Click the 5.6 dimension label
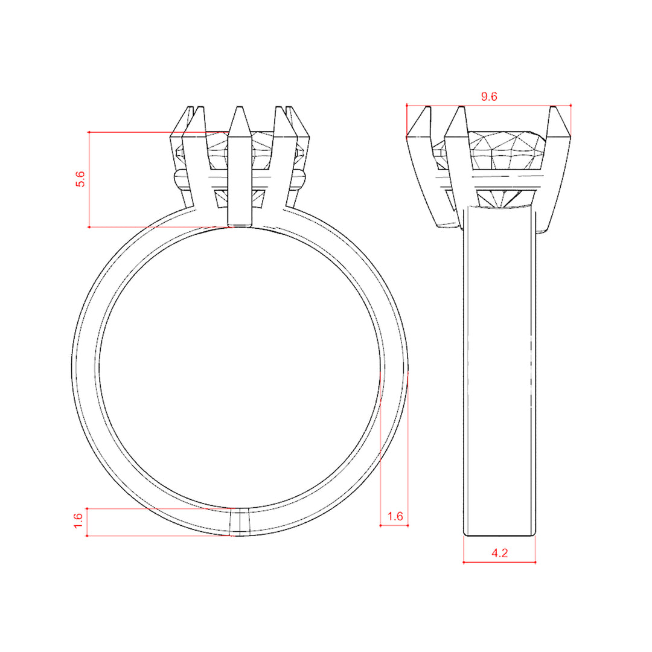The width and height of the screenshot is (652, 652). coord(80,179)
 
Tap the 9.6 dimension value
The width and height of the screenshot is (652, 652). coord(489,97)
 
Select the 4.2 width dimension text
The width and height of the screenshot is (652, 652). coord(499,553)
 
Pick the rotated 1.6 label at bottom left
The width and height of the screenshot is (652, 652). coord(78,521)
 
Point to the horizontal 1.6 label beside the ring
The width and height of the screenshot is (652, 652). coord(395,516)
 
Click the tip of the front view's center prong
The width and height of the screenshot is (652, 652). coord(239,107)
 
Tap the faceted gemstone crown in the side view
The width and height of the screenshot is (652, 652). coord(506,150)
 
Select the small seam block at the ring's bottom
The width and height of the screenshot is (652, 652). coord(240,522)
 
